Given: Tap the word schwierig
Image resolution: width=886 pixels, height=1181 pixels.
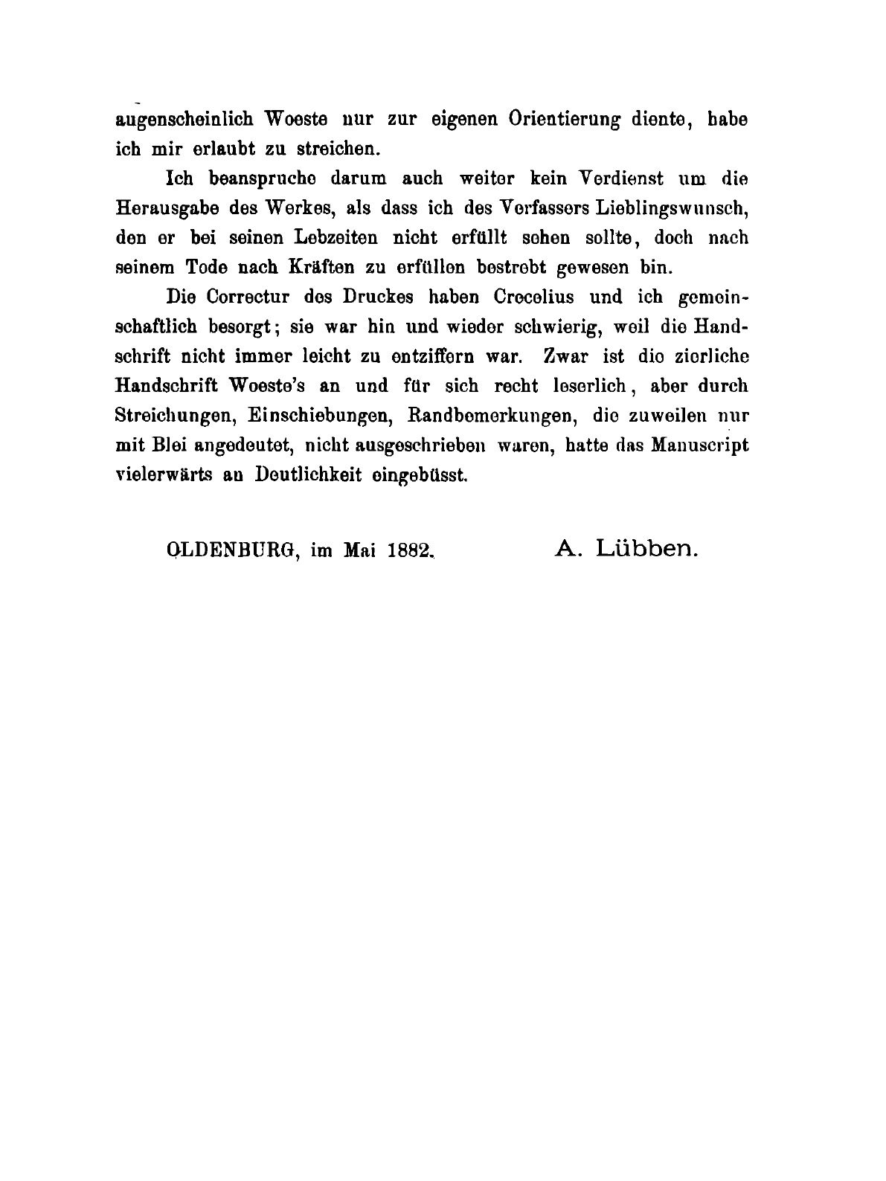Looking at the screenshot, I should point(487,326).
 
